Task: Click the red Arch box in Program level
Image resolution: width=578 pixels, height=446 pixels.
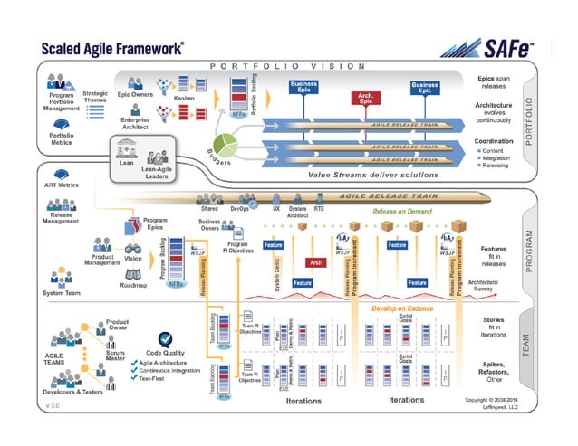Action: click(x=315, y=262)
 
